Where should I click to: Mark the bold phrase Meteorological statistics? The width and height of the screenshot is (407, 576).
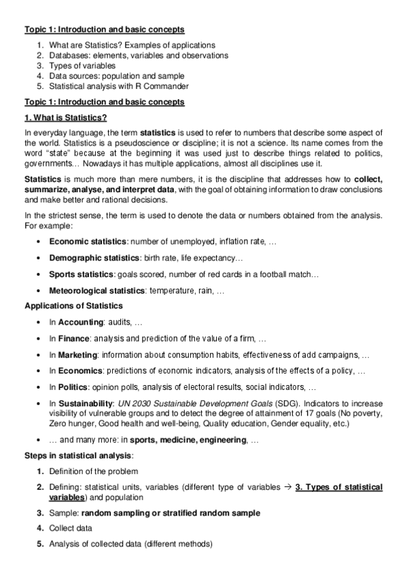coord(96,291)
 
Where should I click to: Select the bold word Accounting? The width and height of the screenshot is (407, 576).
coord(80,322)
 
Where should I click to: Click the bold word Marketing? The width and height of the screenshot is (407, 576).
coord(77,355)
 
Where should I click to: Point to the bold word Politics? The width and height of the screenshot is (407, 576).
coord(73,387)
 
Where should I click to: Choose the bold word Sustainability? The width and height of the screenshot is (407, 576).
coord(86,403)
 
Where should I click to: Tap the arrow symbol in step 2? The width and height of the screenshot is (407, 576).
coord(287,487)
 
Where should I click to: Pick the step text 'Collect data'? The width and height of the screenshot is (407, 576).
coord(71,528)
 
